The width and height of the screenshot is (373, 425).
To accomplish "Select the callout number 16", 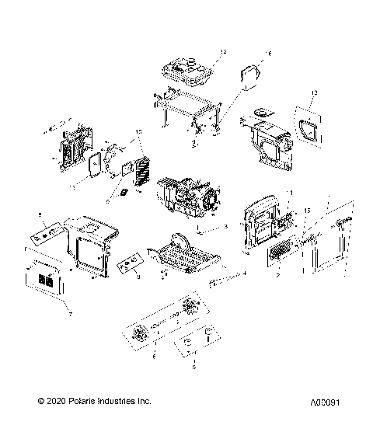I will click(246, 54).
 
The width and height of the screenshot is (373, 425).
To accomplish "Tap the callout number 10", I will click(140, 132).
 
